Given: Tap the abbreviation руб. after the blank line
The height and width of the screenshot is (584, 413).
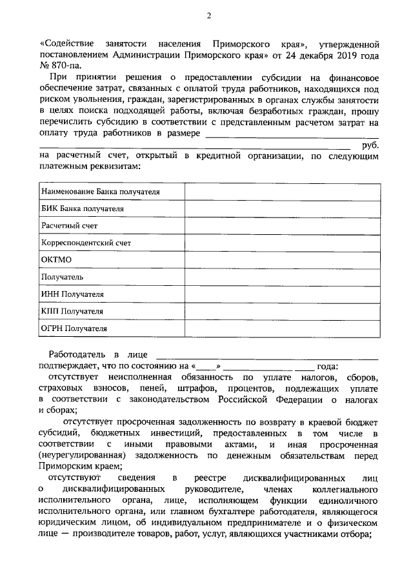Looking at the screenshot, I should click(370, 145).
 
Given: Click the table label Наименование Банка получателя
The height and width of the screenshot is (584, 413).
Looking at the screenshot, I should click(100, 192).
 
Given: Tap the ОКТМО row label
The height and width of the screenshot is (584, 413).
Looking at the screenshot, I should click(56, 260).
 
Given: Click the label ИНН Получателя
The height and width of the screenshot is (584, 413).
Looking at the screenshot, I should click(72, 294).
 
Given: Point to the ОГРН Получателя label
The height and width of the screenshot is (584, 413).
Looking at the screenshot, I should click(74, 328).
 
